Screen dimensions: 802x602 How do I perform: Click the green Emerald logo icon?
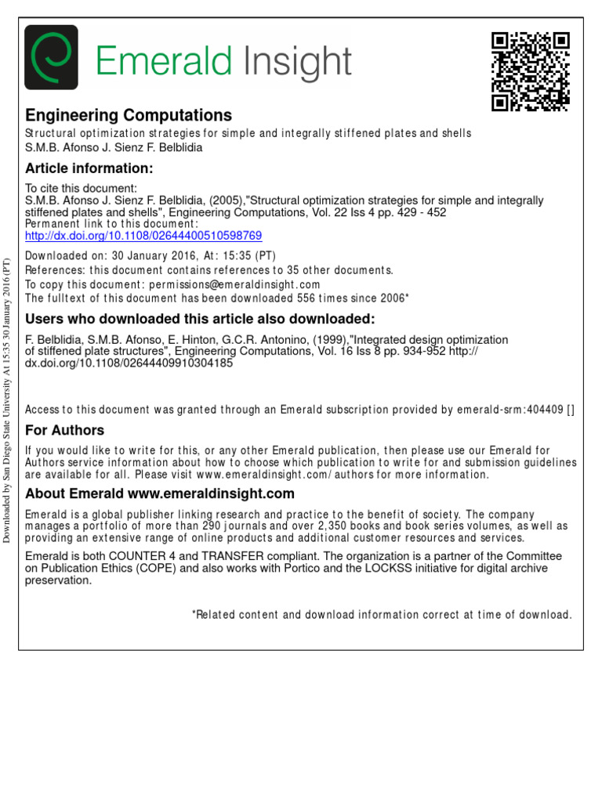[x=52, y=57]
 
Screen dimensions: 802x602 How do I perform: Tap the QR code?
[x=530, y=71]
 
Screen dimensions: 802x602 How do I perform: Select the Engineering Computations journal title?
[x=129, y=115]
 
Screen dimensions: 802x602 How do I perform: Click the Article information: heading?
[x=89, y=168]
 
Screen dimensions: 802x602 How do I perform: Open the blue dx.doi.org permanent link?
[x=143, y=235]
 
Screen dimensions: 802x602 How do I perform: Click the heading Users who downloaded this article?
[x=200, y=319]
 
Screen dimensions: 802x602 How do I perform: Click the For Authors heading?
[x=65, y=430]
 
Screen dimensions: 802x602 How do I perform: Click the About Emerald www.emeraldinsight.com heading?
[x=160, y=493]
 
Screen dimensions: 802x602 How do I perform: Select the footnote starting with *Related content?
[x=382, y=615]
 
